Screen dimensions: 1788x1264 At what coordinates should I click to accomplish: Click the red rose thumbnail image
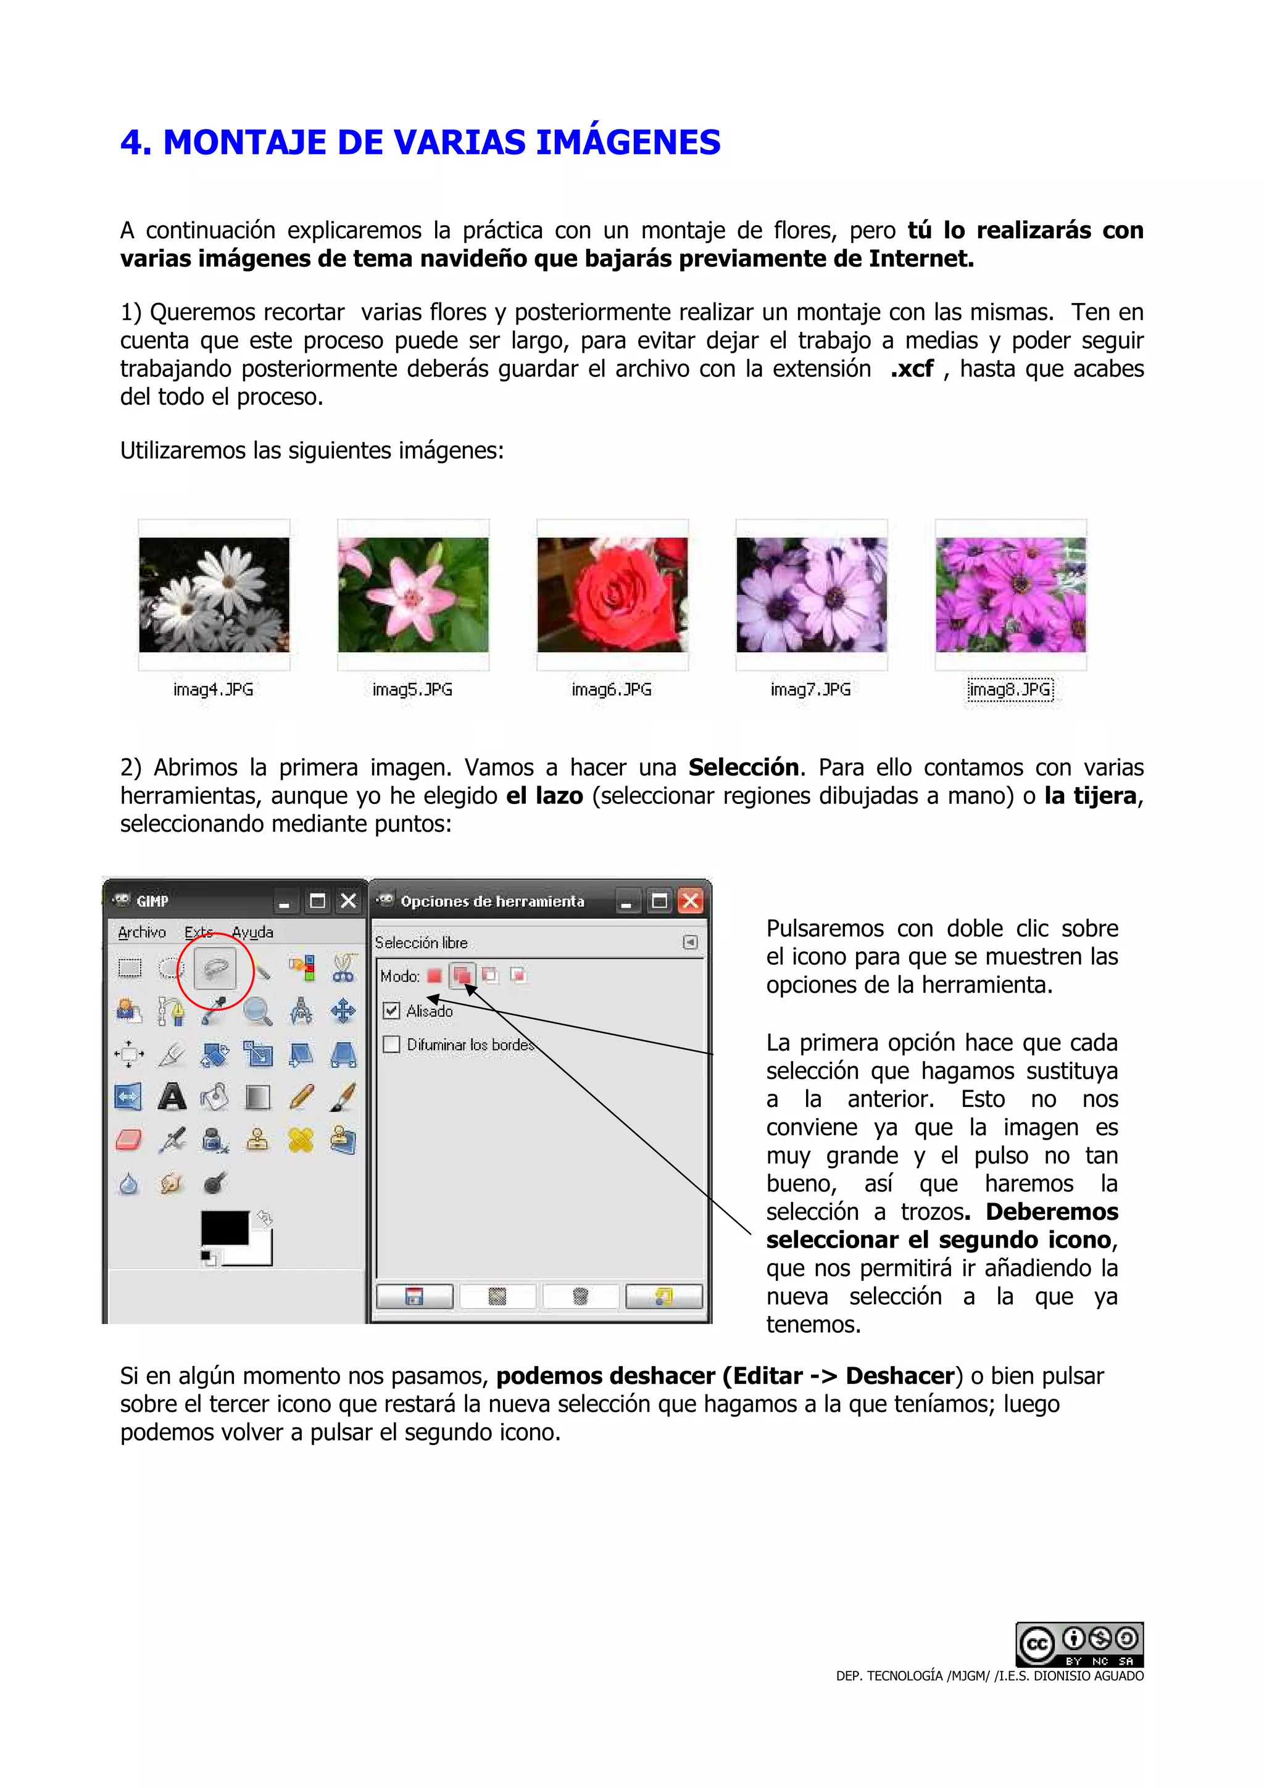(612, 594)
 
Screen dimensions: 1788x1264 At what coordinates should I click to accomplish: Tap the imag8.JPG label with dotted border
(1010, 689)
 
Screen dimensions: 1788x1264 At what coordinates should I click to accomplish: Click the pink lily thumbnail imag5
(413, 594)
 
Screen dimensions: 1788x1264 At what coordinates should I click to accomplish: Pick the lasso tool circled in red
(215, 969)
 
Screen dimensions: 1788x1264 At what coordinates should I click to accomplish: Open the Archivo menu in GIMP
(142, 932)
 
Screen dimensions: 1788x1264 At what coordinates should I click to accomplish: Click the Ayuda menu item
(252, 932)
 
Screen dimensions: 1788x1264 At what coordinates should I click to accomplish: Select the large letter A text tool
(172, 1097)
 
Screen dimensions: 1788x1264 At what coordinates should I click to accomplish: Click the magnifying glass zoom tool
(258, 1012)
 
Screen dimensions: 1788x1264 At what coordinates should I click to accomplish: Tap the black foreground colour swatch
(224, 1228)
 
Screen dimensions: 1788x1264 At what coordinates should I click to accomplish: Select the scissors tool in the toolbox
(343, 969)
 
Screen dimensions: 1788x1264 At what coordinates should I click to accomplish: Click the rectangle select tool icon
(129, 968)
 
